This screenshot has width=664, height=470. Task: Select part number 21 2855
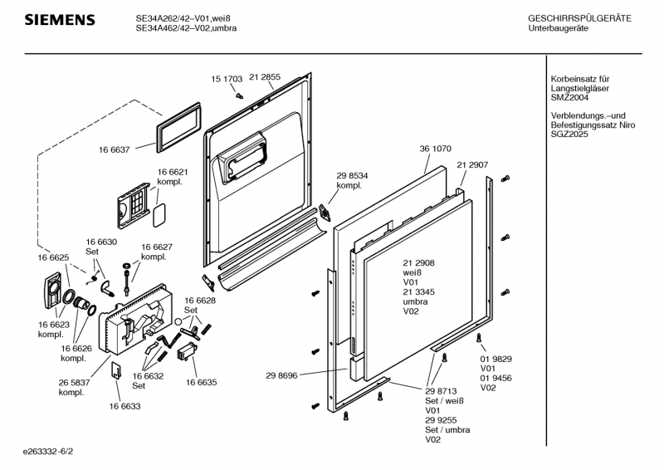265,77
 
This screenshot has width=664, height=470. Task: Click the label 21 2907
471,165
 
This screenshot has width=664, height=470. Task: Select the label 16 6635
201,384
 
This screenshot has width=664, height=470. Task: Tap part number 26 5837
75,383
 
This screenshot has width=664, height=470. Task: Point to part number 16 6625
52,258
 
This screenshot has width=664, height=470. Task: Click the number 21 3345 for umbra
419,291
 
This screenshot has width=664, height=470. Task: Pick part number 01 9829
496,359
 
